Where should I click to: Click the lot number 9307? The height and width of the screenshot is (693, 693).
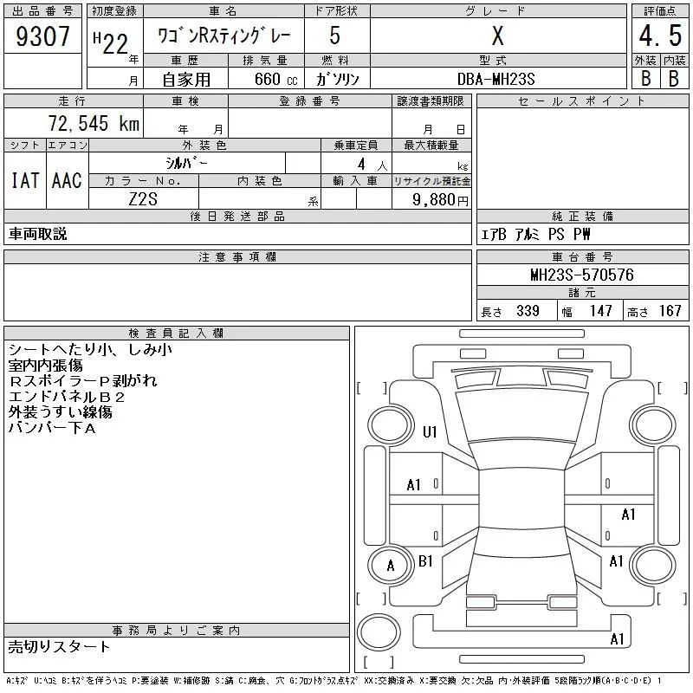pyautogui.click(x=42, y=36)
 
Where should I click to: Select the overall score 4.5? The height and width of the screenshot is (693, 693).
pyautogui.click(x=660, y=36)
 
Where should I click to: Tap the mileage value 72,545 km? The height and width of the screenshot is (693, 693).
pyautogui.click(x=94, y=123)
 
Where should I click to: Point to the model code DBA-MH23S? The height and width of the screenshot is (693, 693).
pyautogui.click(x=495, y=79)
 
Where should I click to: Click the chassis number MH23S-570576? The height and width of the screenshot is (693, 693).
pyautogui.click(x=582, y=275)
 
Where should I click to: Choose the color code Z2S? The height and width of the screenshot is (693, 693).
pyautogui.click(x=143, y=199)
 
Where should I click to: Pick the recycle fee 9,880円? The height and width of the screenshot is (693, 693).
pyautogui.click(x=440, y=199)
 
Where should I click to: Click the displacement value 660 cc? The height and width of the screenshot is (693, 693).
pyautogui.click(x=276, y=79)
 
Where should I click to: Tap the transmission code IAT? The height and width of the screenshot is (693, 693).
pyautogui.click(x=25, y=180)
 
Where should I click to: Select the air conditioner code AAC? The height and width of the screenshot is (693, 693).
pyautogui.click(x=67, y=180)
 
